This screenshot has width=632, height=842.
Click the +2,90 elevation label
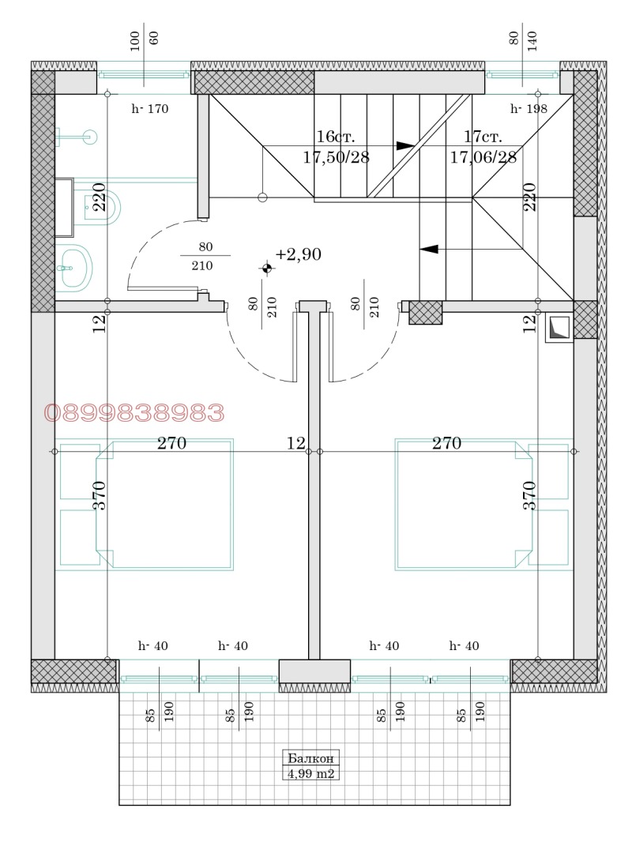pyautogui.click(x=299, y=254)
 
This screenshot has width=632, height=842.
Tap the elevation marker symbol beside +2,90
pyautogui.click(x=267, y=269)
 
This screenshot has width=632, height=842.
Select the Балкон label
pyautogui.click(x=312, y=757)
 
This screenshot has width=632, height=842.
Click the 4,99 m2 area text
pyautogui.click(x=312, y=774)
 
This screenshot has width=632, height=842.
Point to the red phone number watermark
pyautogui.click(x=134, y=412)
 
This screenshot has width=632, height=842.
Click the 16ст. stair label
pyautogui.click(x=336, y=137)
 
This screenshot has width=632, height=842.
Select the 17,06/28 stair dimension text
pyautogui.click(x=483, y=157)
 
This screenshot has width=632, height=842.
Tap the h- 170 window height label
pyautogui.click(x=149, y=110)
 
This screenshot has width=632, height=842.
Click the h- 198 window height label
pyautogui.click(x=529, y=110)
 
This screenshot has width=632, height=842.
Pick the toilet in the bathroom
pyautogui.click(x=104, y=208)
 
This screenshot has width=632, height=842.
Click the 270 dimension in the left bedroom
pyautogui.click(x=171, y=443)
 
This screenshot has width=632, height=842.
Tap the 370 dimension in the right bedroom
pyautogui.click(x=529, y=494)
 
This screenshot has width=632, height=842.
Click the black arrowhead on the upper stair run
pyautogui.click(x=404, y=145)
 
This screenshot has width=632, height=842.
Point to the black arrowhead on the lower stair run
pyautogui.click(x=428, y=250)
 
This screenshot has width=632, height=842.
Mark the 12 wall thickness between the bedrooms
pyautogui.click(x=295, y=444)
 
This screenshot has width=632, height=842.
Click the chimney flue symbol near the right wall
pyautogui.click(x=559, y=329)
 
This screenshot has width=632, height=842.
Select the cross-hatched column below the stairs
pyautogui.click(x=424, y=312)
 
